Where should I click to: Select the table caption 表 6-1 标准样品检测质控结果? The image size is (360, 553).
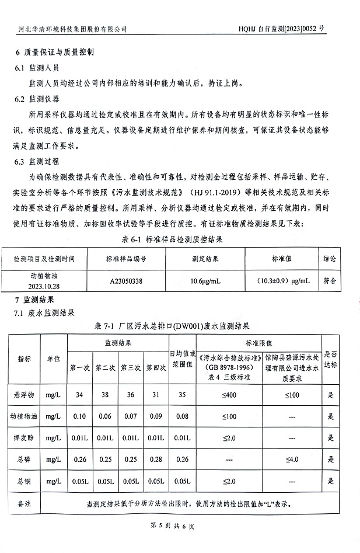tap(172, 239)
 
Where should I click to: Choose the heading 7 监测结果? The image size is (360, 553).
tap(36, 300)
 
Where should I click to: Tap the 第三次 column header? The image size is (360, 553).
tap(131, 368)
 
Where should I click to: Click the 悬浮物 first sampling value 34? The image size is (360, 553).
tap(79, 395)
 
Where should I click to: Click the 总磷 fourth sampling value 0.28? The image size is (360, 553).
tap(156, 460)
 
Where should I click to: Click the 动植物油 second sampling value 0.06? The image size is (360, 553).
tap(105, 416)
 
